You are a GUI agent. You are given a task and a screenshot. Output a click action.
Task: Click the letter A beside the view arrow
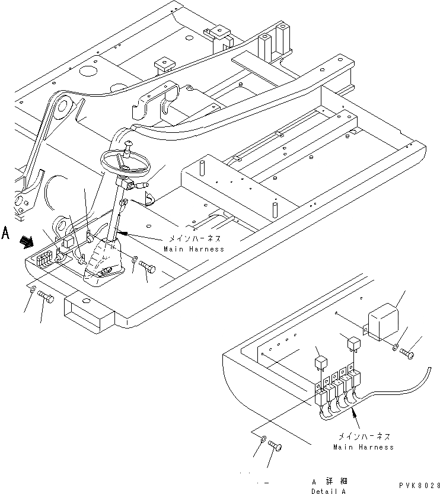7,233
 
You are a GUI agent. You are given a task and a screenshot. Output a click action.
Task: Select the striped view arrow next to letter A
27,240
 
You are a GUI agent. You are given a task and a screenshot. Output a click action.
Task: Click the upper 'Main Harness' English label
190,248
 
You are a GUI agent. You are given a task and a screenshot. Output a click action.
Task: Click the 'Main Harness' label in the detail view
363,447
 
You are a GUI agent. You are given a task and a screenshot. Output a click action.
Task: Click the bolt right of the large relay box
409,354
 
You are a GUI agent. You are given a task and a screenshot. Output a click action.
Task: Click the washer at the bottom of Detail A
263,439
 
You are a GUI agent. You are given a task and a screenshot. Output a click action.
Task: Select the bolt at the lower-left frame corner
47,299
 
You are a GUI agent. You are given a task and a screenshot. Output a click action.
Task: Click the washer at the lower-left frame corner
33,293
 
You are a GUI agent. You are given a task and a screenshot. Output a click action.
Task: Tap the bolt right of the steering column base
147,269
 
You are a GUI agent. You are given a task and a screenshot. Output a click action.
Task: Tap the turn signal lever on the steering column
141,186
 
